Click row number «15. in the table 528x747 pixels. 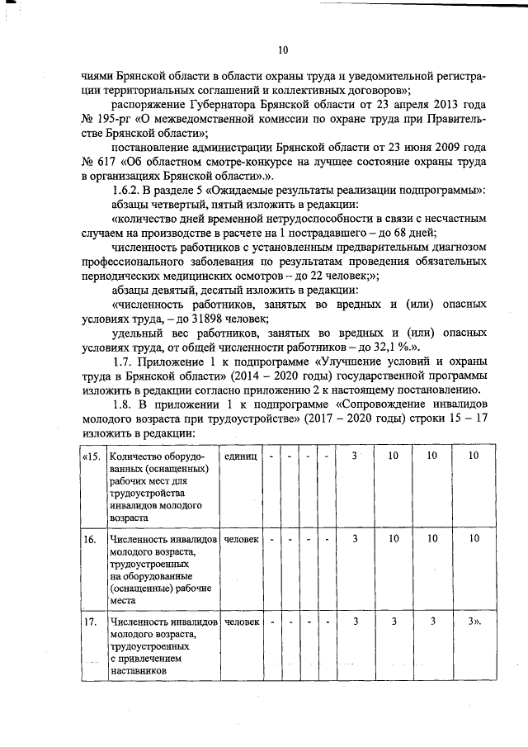point(92,456)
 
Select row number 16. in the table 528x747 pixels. point(90,539)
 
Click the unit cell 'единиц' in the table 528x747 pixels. point(240,456)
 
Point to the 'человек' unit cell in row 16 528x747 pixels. point(240,539)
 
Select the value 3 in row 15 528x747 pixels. point(355,456)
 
